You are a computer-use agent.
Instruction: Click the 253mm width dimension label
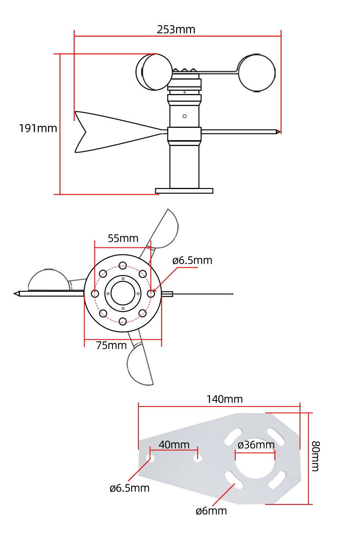click(176, 30)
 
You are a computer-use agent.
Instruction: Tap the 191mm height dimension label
click(38, 128)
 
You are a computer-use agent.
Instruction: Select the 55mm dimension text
click(123, 238)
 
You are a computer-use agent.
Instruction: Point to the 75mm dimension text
click(111, 345)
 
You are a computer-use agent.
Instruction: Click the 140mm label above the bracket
click(224, 399)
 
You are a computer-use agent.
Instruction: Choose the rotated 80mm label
click(316, 456)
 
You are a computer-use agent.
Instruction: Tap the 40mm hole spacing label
click(174, 444)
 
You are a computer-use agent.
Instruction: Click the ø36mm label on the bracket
click(256, 445)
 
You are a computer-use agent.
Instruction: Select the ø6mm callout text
click(211, 511)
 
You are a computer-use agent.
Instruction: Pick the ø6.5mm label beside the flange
click(192, 261)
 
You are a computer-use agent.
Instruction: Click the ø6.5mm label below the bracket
click(129, 488)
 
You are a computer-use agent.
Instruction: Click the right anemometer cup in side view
click(257, 73)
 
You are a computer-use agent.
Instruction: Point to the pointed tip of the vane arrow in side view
click(278, 132)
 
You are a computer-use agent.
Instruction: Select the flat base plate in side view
click(184, 191)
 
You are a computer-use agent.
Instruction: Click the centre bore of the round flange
click(123, 293)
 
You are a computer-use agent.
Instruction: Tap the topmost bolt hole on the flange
click(123, 265)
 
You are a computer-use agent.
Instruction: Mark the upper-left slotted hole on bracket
click(234, 436)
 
